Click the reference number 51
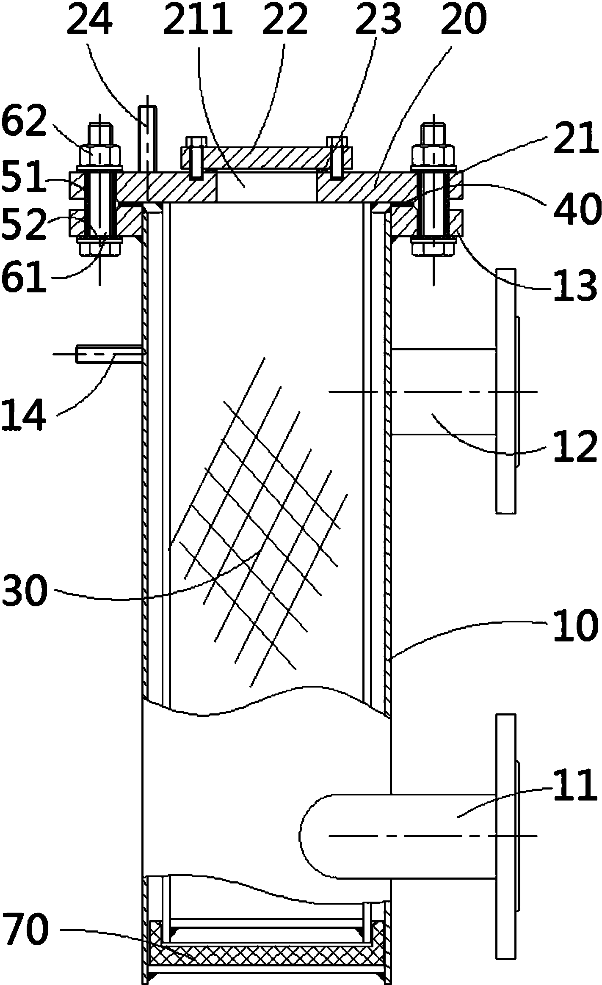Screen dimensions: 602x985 [23, 178]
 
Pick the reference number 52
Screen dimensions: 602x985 [23, 225]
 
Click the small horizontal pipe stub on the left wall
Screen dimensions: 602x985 [108, 354]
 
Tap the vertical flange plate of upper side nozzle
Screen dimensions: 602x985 [506, 391]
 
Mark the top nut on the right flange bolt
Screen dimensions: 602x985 [434, 156]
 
